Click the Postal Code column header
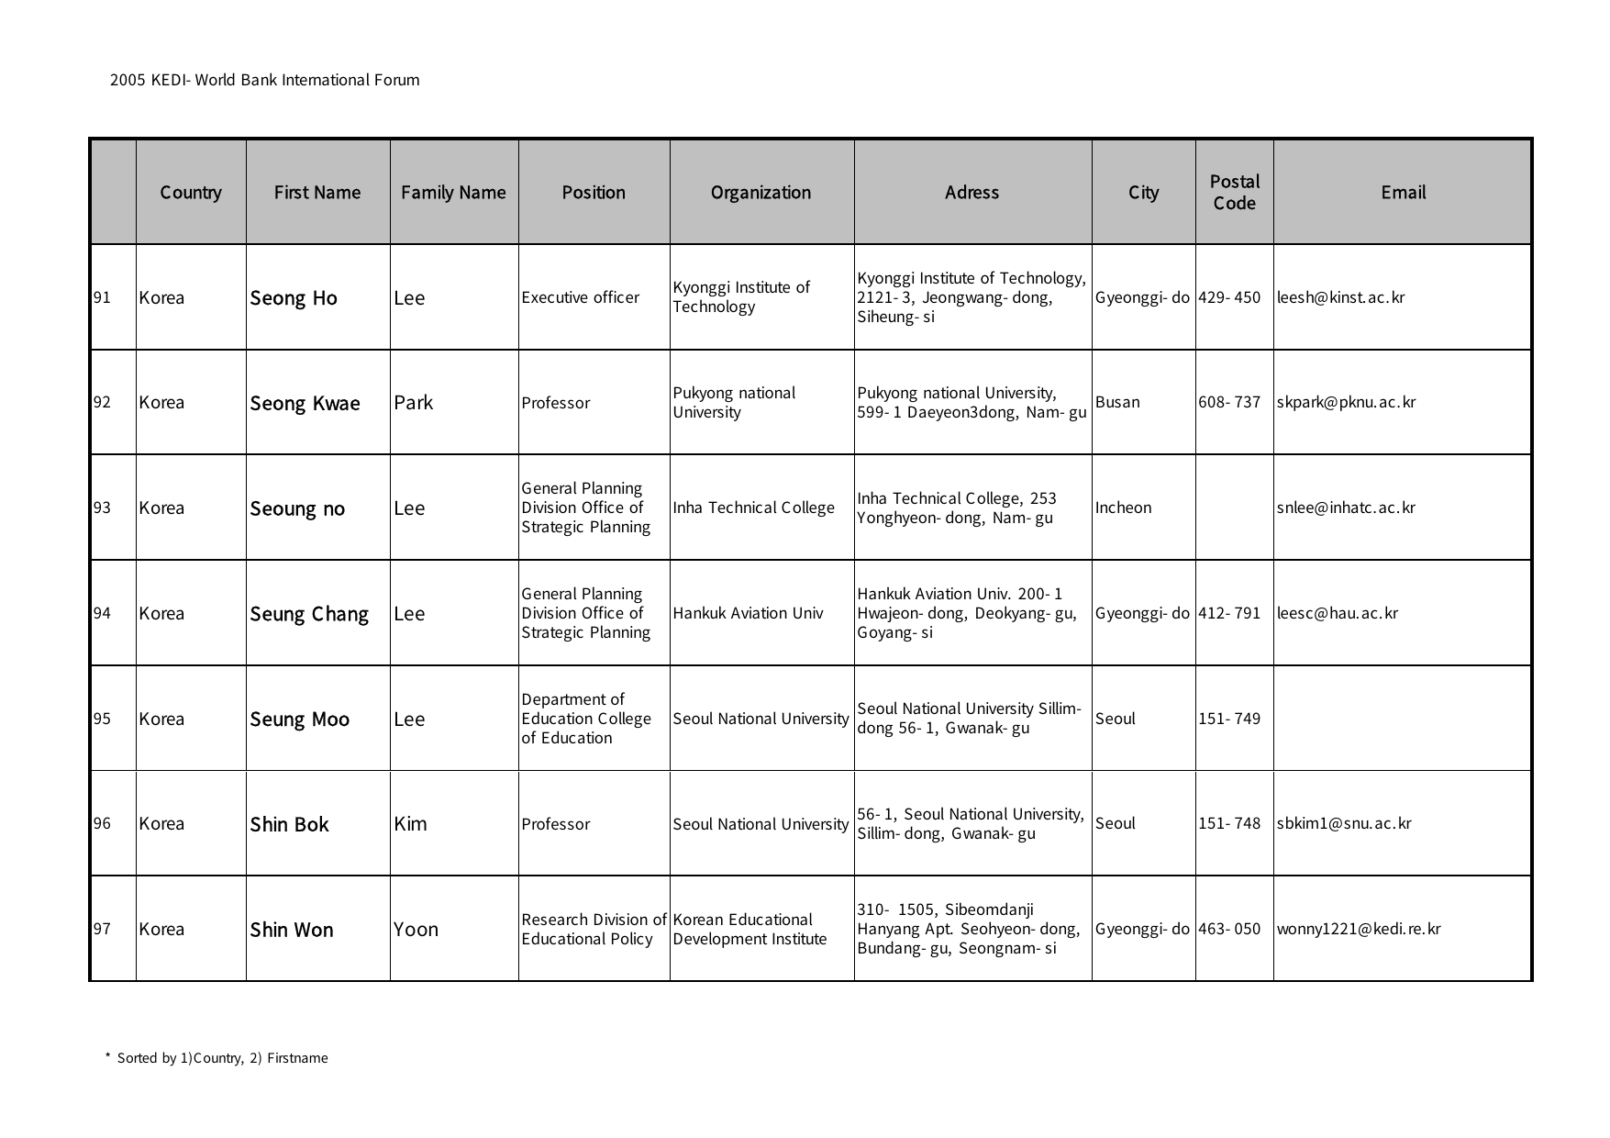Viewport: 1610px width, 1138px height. point(1234,192)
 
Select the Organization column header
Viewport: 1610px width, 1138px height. point(761,192)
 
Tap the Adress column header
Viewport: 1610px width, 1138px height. point(972,192)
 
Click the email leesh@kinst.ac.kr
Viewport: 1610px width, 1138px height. point(1340,297)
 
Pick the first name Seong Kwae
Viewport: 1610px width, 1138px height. point(305,403)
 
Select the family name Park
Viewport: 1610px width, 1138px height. point(413,402)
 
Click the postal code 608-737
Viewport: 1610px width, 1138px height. point(1229,402)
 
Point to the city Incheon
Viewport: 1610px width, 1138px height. point(1123,508)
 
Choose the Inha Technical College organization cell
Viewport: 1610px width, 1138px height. point(753,508)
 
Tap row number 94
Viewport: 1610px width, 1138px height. point(102,613)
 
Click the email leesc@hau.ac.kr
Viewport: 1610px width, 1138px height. point(1337,613)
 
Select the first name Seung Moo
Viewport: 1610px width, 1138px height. point(299,719)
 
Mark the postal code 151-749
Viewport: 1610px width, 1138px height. point(1229,719)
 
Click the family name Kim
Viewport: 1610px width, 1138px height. point(410,823)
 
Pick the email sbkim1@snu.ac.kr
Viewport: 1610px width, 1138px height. point(1343,823)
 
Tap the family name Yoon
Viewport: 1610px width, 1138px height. point(416,929)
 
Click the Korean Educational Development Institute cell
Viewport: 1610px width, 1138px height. point(749,929)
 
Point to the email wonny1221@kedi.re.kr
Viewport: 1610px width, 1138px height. point(1358,929)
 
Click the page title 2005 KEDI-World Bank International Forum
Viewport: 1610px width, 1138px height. point(264,80)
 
